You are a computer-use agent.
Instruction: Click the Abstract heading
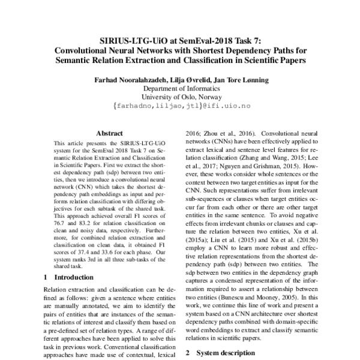pos(109,133)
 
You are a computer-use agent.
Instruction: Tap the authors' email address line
pos(179,104)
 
